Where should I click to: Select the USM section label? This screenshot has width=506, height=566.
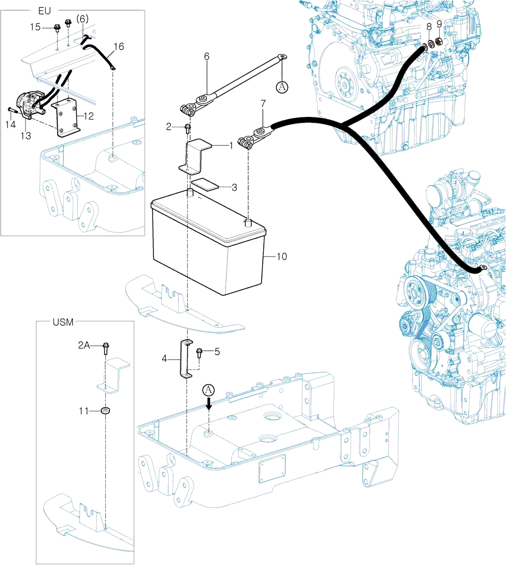[x=62, y=322]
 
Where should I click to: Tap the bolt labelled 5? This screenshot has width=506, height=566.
[x=200, y=352]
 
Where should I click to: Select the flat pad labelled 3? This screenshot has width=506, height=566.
[x=205, y=184]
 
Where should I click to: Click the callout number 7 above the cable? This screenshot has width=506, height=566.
[x=263, y=104]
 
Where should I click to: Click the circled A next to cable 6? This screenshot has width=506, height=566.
[x=281, y=87]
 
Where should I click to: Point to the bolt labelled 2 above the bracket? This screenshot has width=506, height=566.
[x=187, y=128]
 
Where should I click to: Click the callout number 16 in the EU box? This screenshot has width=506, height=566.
[x=119, y=47]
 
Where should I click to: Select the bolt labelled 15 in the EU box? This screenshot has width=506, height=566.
[x=57, y=28]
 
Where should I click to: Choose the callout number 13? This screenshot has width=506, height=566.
[x=26, y=136]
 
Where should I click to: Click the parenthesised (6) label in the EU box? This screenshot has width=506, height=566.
[x=83, y=19]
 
